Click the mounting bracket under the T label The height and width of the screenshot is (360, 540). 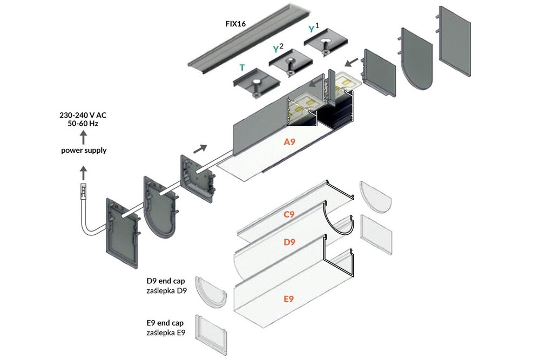[256, 84]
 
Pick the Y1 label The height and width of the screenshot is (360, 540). [314, 28]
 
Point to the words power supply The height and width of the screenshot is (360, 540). [83, 150]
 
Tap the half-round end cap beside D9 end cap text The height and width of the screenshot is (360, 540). [210, 292]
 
